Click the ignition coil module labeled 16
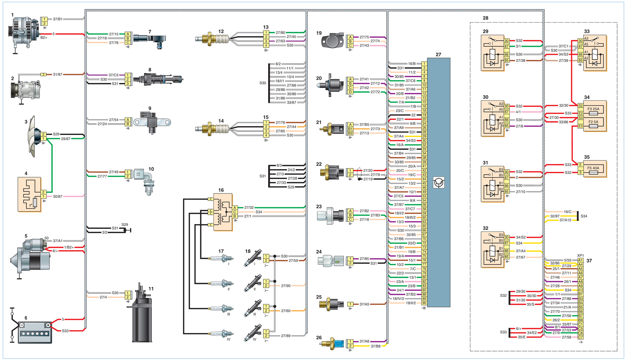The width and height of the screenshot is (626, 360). pos(223,212)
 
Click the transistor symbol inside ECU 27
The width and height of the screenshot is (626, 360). pos(439,183)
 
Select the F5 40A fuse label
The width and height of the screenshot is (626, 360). pos(593,168)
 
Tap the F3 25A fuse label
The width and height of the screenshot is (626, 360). pos(593,109)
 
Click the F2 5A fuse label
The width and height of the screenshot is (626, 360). pos(593,122)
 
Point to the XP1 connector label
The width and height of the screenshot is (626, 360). pos(581,255)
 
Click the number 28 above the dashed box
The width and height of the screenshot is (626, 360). pos(485,18)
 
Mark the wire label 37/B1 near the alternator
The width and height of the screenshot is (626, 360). pos(58,19)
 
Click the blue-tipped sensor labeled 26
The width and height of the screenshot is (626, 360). pos(332,343)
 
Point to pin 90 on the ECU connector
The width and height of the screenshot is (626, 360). pos(424,303)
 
